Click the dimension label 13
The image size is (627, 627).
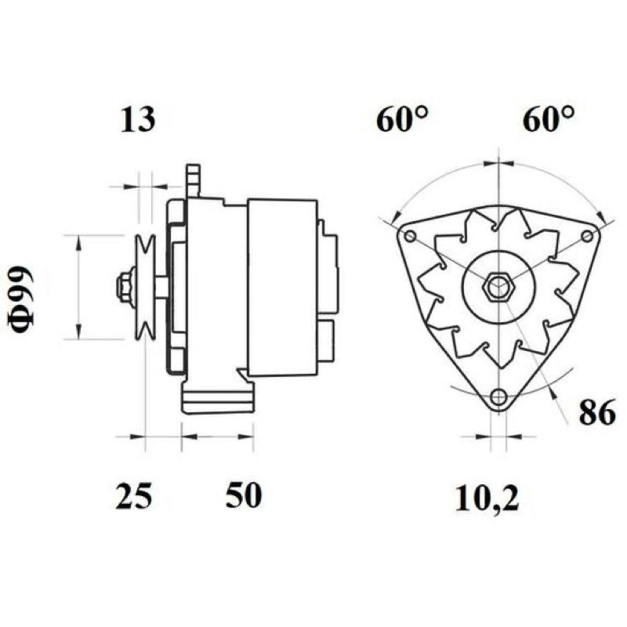[137, 119]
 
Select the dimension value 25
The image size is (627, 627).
[134, 496]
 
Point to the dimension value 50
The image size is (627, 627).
[244, 495]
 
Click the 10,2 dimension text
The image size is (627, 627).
[487, 498]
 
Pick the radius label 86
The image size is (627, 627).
[597, 412]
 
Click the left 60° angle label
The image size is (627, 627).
[402, 119]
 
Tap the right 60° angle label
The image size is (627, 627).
[548, 119]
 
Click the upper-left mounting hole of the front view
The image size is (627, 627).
[410, 237]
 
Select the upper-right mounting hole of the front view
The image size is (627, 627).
[587, 236]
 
